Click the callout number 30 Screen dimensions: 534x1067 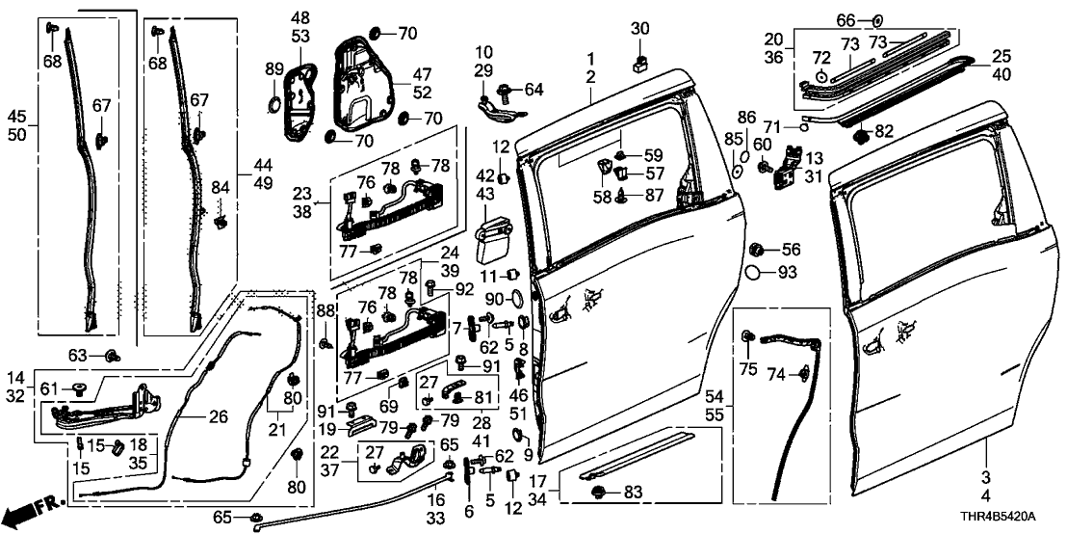coord(640,29)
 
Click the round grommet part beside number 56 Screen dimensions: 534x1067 coord(758,250)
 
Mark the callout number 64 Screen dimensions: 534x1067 coord(533,91)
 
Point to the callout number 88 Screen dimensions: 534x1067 coord(326,309)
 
